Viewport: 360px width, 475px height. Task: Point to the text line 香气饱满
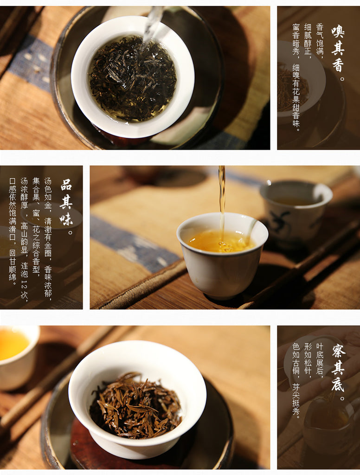coord(320,41)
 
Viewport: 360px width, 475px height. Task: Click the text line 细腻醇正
coord(308,41)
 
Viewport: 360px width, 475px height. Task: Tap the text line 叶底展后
coord(320,360)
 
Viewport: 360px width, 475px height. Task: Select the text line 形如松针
coord(308,360)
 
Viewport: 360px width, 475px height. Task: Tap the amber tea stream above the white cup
coord(222,200)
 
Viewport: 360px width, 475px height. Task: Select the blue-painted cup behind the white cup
coord(296,209)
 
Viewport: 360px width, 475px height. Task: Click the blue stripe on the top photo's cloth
coord(30,64)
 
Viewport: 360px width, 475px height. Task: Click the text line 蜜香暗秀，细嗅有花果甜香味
coord(296,77)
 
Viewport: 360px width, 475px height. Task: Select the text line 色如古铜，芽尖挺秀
coord(296,381)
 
